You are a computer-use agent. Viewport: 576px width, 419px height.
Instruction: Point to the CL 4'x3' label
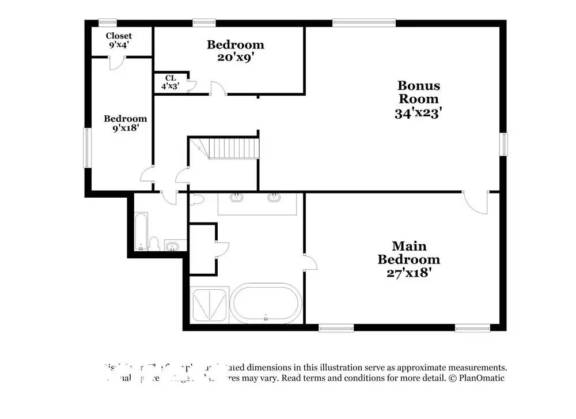point(170,82)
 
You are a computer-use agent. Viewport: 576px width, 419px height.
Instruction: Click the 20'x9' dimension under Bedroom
point(236,58)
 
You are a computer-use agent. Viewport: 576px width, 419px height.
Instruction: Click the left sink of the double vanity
point(236,198)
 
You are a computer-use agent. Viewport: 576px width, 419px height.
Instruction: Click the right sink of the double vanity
point(274,198)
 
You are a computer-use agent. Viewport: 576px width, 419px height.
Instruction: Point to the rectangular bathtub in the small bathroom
point(141,232)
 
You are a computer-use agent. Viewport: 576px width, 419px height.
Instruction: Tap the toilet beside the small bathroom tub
point(154,243)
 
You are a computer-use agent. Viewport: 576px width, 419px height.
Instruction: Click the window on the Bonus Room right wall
point(503,144)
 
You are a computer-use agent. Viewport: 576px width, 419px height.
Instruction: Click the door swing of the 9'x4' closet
point(115,63)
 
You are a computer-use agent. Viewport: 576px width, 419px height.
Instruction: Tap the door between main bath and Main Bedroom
point(311,262)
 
